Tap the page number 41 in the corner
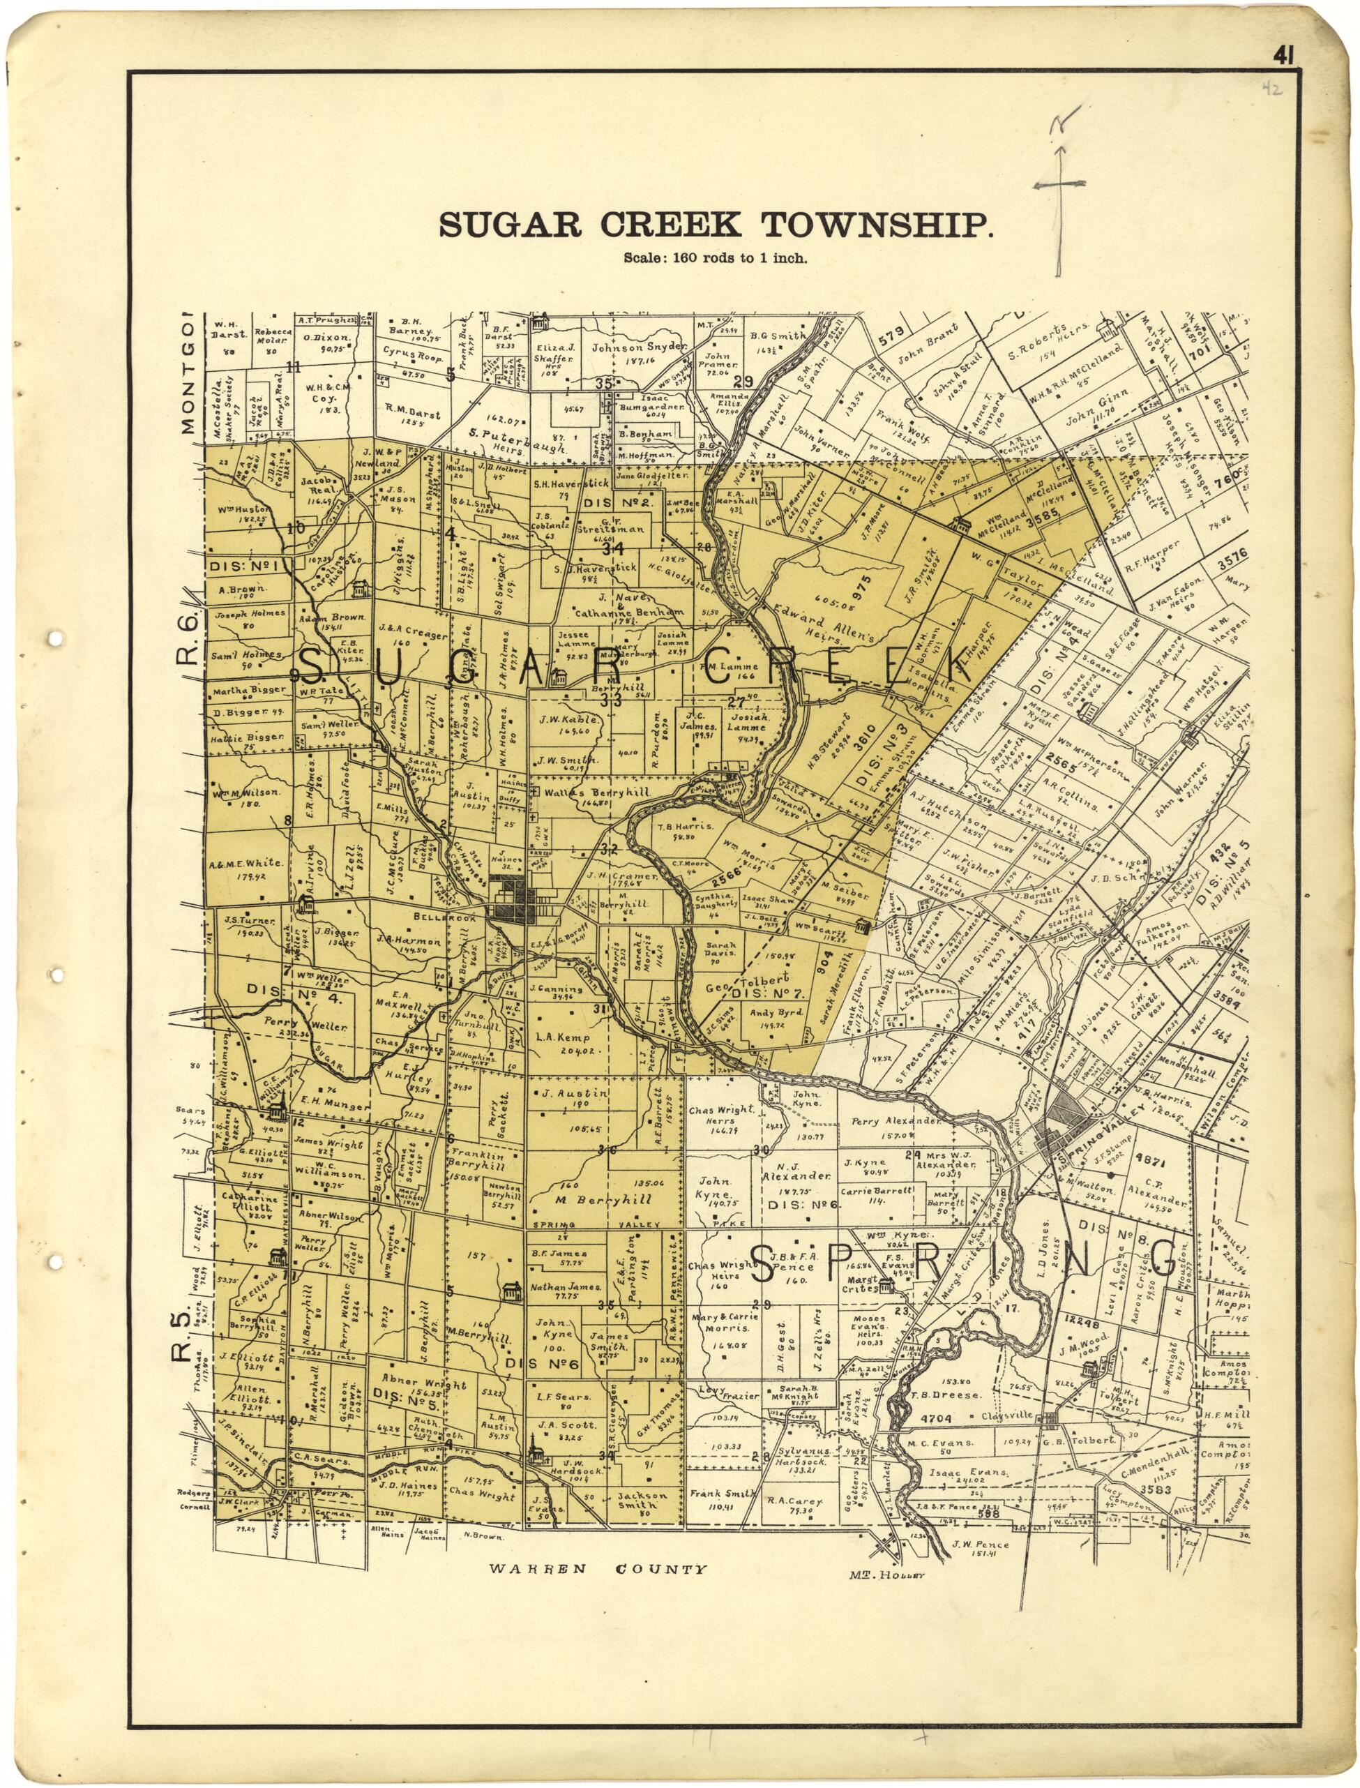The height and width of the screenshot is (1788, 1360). tap(1284, 54)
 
